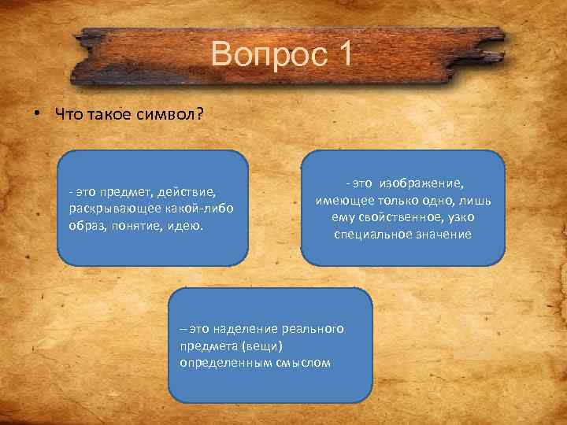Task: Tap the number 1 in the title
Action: [343, 56]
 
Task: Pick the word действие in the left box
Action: [185, 191]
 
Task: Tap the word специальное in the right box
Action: [373, 234]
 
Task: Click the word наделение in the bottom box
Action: [246, 330]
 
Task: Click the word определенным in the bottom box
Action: [220, 363]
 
